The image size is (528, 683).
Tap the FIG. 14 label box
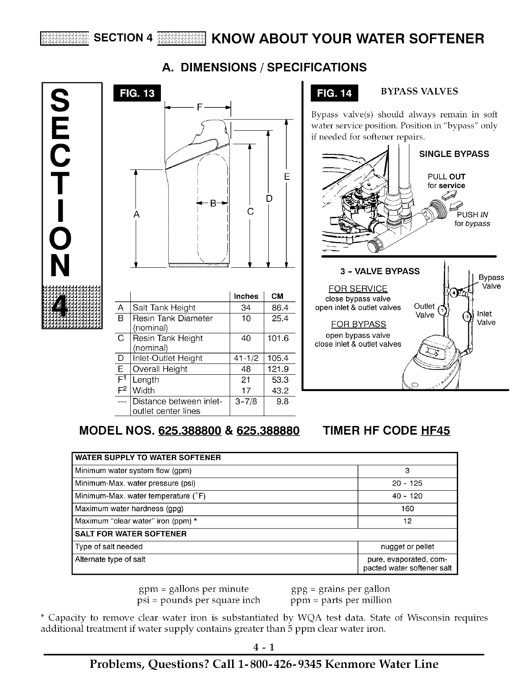pyautogui.click(x=334, y=94)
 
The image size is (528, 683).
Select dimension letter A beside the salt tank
pyautogui.click(x=136, y=214)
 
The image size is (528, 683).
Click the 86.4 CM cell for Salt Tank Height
pyautogui.click(x=280, y=307)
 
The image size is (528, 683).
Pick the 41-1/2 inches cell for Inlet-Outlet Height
pyautogui.click(x=246, y=358)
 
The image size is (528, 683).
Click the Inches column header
pyautogui.click(x=246, y=296)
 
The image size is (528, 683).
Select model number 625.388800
pyautogui.click(x=190, y=431)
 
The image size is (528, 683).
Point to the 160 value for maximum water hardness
pyautogui.click(x=407, y=509)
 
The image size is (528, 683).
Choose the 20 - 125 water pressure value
pyautogui.click(x=407, y=483)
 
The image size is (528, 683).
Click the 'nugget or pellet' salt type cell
pyautogui.click(x=407, y=547)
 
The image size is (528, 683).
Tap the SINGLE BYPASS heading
pyautogui.click(x=454, y=154)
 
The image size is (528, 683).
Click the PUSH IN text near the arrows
pyautogui.click(x=472, y=215)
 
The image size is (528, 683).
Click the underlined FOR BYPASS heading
pyautogui.click(x=358, y=324)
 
